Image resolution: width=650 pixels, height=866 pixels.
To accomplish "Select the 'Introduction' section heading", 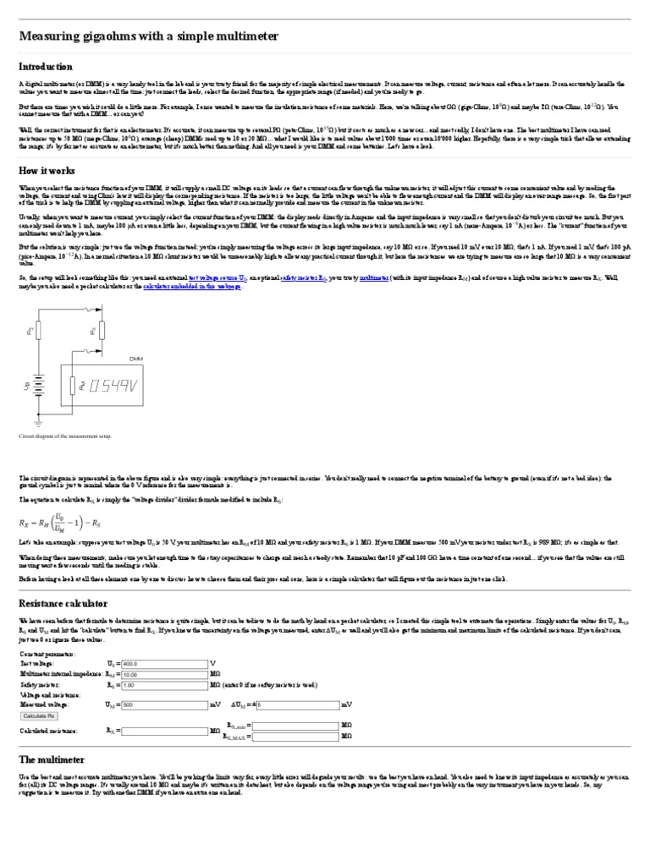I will click(46, 67).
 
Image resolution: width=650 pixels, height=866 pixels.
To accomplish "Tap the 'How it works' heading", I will click(47, 170).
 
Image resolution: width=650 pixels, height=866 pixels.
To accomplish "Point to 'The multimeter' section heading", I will click(52, 759).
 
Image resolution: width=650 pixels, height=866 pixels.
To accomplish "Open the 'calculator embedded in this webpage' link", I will click(191, 287).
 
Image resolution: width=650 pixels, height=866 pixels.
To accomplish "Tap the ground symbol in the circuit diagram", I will click(40, 420).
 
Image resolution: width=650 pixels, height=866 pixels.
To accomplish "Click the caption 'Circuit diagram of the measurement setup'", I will click(65, 437).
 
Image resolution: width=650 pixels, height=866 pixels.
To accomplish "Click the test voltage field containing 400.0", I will click(164, 663).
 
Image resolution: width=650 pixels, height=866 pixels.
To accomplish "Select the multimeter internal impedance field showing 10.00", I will click(164, 674).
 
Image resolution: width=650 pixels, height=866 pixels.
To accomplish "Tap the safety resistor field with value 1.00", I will click(164, 684).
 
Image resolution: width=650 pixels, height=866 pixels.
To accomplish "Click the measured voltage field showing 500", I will click(164, 704).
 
